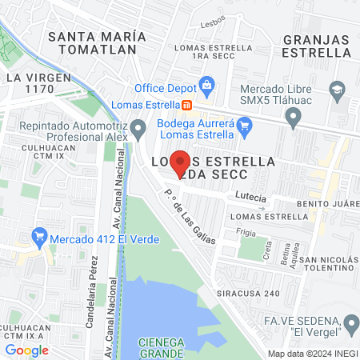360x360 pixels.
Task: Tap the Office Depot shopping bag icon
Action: pyautogui.click(x=207, y=84)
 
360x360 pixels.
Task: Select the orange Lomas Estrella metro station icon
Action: pyautogui.click(x=186, y=104)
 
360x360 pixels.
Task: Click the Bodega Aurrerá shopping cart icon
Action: pyautogui.click(x=246, y=124)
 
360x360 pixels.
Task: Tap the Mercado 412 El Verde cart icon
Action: pyautogui.click(x=38, y=237)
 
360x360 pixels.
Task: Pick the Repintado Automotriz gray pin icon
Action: pyautogui.click(x=139, y=127)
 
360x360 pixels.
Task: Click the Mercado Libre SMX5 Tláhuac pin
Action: pyautogui.click(x=294, y=119)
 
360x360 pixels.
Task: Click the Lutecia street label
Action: pyautogui.click(x=250, y=194)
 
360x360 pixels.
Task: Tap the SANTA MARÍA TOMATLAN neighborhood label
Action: pyautogui.click(x=97, y=45)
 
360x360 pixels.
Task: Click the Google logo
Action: pyautogui.click(x=27, y=349)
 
